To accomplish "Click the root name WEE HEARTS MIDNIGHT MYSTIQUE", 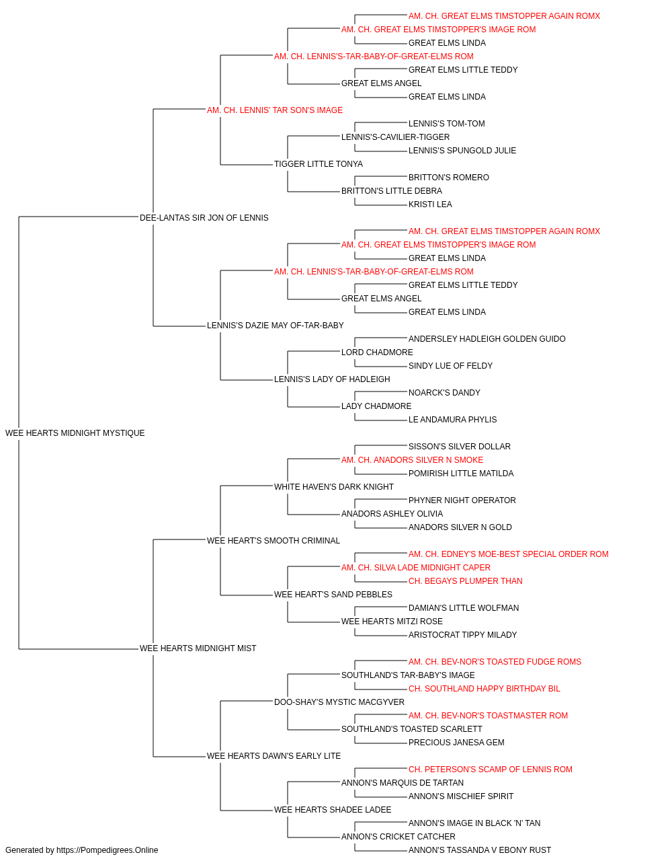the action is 75,433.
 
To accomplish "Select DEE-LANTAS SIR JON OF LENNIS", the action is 204,218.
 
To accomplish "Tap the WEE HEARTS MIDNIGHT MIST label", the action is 198,648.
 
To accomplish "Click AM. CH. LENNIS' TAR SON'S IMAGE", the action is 275,110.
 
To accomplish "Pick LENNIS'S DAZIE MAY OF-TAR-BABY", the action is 275,326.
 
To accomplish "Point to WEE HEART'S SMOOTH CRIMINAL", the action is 273,541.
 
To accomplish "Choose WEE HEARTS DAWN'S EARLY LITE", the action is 274,756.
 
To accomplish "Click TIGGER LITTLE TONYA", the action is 318,164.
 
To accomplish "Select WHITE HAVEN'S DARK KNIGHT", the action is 333,487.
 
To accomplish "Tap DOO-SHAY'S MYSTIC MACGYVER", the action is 339,702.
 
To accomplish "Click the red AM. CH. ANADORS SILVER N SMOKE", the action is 412,460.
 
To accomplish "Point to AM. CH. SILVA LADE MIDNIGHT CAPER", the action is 415,568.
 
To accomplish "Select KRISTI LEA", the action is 430,204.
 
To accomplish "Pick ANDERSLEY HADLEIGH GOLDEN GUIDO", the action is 487,339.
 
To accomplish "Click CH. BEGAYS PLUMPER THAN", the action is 465,581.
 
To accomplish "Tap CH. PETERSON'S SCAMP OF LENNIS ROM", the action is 490,770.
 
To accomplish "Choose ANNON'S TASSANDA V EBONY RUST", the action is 479,850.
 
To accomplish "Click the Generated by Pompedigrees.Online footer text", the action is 81,850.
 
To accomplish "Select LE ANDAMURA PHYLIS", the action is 452,420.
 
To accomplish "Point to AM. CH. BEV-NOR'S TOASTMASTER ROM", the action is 488,716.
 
